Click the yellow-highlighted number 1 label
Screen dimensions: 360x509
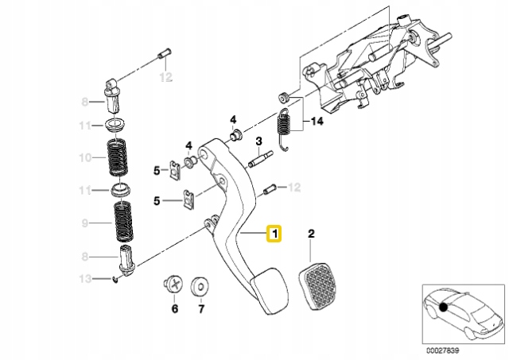pos(273,234)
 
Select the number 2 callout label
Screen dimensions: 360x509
pos(311,234)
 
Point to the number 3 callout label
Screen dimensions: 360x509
pos(258,141)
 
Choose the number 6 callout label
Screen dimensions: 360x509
pos(174,308)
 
